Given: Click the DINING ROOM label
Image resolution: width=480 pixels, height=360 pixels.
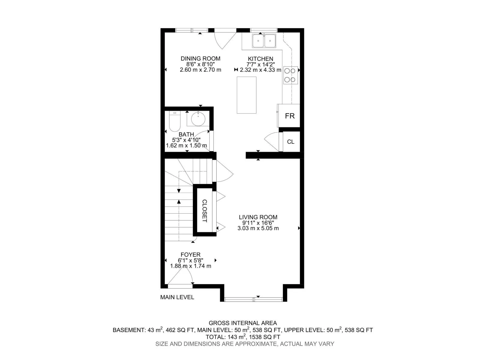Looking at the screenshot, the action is coord(200,58).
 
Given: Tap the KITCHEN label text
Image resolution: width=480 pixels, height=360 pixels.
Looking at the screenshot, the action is coord(260,59).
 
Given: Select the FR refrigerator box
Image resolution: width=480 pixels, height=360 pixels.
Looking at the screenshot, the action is coord(289,115).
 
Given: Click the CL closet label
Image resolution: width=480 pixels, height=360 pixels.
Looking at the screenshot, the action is coord(291,142).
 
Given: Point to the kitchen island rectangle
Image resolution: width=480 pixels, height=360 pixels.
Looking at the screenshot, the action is coord(247,95).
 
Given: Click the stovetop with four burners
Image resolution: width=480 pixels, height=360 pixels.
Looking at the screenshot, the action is coord(290,75).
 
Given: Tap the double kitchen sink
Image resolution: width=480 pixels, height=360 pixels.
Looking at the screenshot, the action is coord(264,41).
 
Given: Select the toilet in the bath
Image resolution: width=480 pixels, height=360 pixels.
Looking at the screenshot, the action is coord(175,121).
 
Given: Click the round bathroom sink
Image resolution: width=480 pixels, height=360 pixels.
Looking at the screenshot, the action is coord(198,119).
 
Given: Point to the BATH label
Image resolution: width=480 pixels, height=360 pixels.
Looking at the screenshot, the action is coord(186,134).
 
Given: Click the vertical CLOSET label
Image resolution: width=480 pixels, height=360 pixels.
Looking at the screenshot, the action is coord(205,211).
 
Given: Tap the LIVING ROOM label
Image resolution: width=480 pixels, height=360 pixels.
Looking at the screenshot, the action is coord(258,217).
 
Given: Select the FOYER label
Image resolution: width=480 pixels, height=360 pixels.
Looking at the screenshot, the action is coord(190,255).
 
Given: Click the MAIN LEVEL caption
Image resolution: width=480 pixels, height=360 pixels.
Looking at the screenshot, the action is coord(177,297).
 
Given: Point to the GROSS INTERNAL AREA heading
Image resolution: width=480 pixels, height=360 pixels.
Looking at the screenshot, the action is coord(243,323).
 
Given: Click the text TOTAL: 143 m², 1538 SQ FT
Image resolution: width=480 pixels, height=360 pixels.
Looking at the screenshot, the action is coord(243,337).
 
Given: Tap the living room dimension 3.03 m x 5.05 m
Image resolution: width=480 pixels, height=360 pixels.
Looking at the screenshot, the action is coord(258,228).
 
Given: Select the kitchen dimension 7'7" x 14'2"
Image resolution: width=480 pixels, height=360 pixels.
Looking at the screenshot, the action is coord(260,64).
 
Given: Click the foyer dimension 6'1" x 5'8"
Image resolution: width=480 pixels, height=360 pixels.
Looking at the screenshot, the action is coord(190,260).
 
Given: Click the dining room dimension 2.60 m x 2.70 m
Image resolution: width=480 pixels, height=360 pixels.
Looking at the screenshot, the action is coord(200,70).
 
